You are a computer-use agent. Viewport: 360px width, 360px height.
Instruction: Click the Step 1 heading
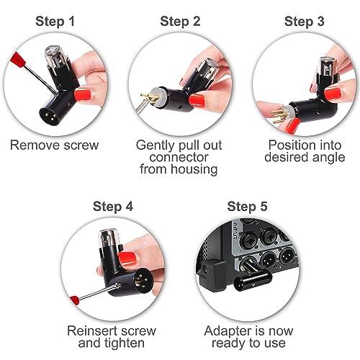[55, 21]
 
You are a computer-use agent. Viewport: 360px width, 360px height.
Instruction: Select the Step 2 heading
[179, 21]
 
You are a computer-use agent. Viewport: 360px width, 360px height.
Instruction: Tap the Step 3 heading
[304, 21]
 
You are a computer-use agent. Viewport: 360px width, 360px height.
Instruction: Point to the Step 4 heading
[113, 206]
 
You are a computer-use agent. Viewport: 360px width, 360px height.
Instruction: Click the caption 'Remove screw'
[54, 145]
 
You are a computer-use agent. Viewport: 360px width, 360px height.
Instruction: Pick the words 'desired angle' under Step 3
[304, 157]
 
